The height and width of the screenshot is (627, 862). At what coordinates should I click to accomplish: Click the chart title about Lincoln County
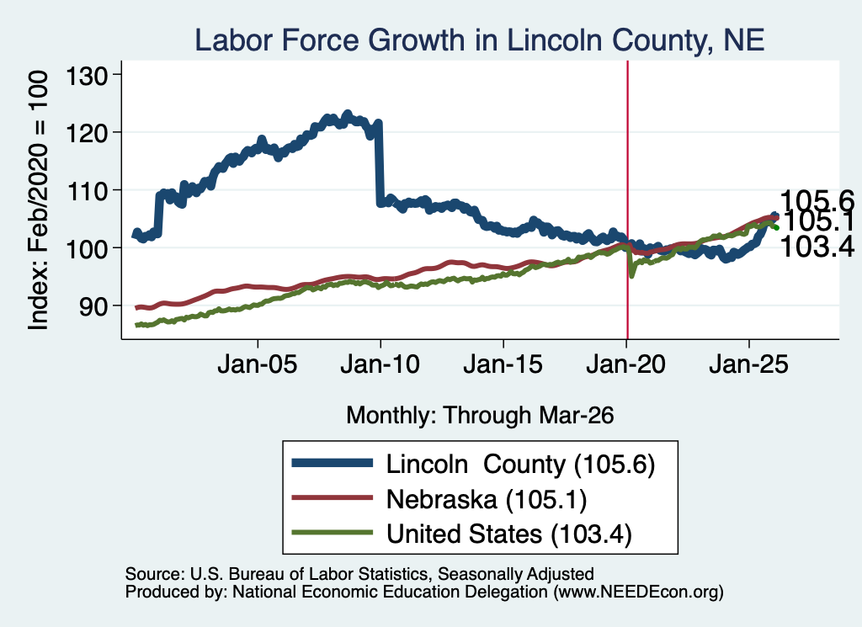479,40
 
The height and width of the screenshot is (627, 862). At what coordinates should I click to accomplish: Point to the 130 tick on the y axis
87,75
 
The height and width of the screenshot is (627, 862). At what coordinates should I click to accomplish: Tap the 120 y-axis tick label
87,132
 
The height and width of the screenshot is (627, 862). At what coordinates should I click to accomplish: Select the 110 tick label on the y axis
87,191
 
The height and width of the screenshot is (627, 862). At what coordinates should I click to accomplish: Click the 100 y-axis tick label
87,248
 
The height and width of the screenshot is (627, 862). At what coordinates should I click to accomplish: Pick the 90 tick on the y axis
93,306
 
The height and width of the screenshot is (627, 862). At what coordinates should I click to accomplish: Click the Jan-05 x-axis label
258,364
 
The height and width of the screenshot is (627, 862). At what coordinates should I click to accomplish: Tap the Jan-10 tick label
380,364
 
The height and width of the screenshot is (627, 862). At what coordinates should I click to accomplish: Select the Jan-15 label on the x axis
503,364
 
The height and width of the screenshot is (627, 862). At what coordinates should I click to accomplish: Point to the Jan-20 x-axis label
626,364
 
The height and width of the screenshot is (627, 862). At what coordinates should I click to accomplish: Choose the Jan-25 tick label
748,364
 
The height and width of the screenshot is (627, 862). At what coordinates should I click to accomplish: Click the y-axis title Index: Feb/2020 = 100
38,200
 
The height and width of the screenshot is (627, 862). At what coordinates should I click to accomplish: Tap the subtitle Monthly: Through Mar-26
480,415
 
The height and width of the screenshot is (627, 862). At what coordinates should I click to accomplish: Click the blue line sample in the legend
332,463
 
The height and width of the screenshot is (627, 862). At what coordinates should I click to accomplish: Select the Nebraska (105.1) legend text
487,499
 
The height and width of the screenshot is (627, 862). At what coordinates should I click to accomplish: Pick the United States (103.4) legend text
509,534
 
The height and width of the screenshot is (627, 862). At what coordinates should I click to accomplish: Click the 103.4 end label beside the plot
817,247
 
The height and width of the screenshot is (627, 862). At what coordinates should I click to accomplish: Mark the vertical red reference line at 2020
627,200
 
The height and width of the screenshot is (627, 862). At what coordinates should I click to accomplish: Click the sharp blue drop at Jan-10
379,163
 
